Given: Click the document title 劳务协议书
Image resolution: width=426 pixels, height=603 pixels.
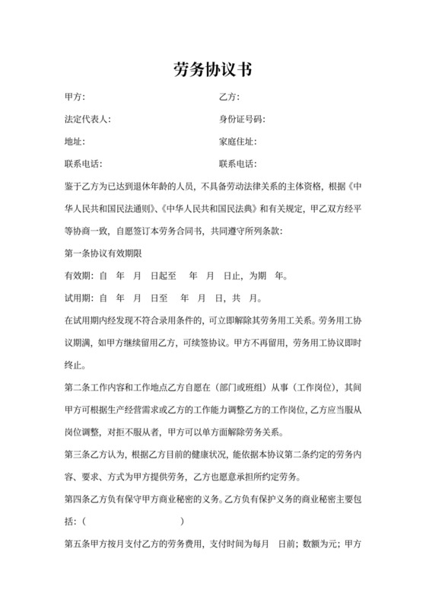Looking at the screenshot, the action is coord(213,69).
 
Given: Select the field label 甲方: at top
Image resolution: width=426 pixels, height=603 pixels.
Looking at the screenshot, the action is coord(75,97).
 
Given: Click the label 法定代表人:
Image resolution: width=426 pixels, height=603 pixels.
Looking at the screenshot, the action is coord(88,120).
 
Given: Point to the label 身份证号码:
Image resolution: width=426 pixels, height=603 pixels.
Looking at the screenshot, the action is coord(241,120).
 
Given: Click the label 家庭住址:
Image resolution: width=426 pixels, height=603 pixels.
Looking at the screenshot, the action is coord(237,142).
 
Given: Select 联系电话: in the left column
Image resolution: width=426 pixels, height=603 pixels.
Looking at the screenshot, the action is coord(84,164).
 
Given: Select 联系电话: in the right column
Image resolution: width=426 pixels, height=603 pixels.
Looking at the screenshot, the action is coord(237,164).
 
